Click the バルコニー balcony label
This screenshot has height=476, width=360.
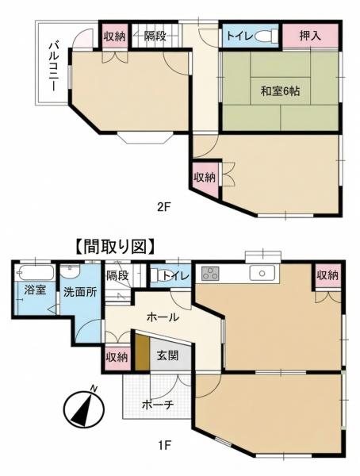53,67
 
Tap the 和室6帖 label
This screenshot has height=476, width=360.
280,90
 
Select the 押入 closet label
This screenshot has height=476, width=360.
310,36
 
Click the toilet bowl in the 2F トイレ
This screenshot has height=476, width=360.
266,36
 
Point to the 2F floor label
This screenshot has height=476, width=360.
164,208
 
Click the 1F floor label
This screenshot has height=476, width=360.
164,446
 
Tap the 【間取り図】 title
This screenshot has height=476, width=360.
115,247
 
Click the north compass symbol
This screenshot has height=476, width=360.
83,409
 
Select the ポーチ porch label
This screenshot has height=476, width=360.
158,405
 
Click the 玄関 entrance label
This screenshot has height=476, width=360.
167,355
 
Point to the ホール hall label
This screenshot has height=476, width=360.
163,317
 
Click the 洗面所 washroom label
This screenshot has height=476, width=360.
80,292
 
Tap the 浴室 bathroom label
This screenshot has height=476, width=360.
35,290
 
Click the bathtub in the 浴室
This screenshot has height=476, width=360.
36,273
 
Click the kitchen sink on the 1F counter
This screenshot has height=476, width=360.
262,273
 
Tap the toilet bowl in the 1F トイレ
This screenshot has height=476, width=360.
157,276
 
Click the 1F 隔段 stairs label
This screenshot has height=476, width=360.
117,276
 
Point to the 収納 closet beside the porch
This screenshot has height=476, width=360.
117,357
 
